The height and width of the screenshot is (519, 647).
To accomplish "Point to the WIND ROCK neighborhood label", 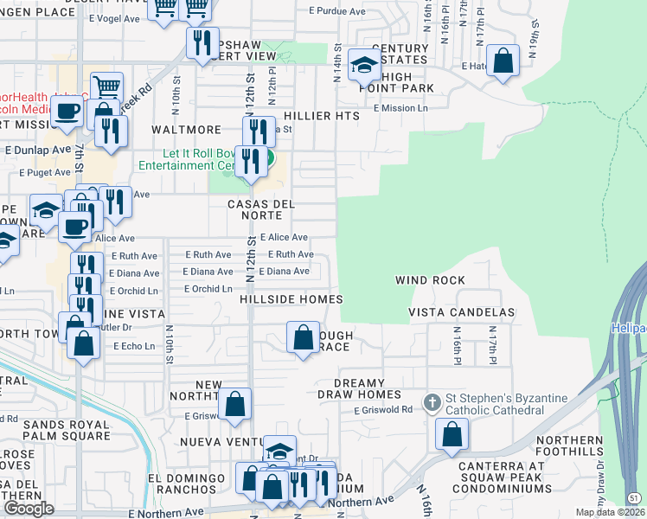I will pos(430,280).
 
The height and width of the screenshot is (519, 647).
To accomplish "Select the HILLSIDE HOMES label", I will pos(291,299).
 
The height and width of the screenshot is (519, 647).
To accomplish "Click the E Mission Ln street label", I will pos(400,108).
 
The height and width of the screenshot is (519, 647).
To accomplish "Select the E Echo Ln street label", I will pos(133,346).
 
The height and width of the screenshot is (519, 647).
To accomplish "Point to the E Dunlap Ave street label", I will pos(37,149).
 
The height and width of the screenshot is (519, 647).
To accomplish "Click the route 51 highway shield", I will pos(634,498).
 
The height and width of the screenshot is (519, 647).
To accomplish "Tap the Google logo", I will pos(29,508).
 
